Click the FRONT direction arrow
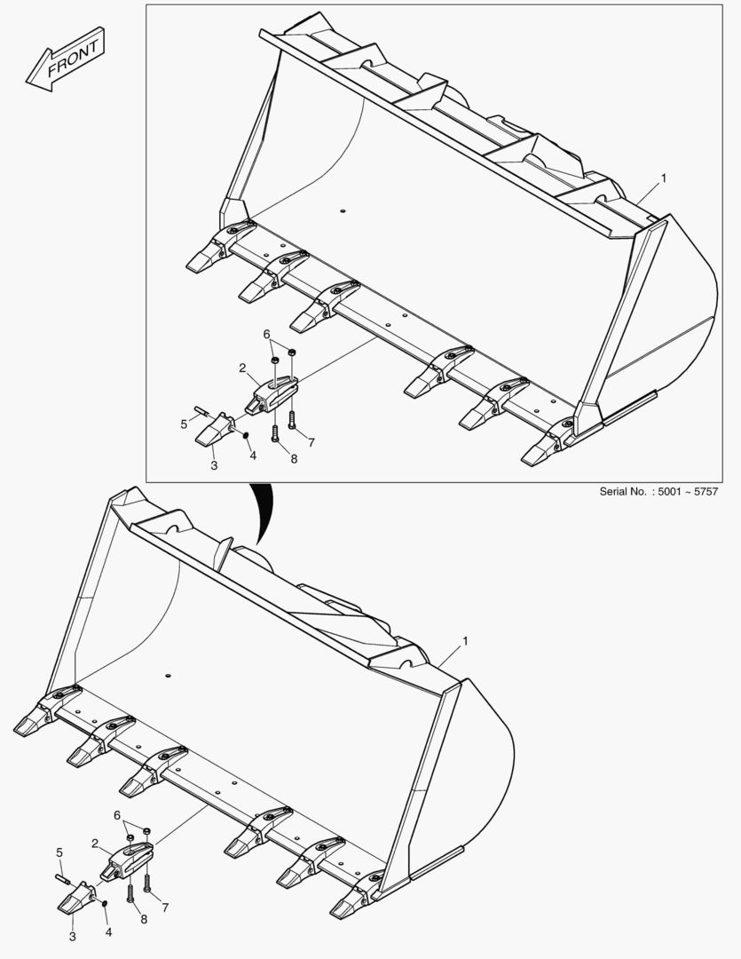click(x=65, y=59)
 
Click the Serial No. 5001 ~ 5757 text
click(x=658, y=491)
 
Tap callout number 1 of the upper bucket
click(x=664, y=178)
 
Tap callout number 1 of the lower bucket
click(x=465, y=641)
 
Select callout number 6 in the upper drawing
click(x=266, y=334)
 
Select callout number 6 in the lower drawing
click(x=117, y=815)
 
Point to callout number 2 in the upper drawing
click(x=243, y=368)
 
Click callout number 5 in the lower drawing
click(x=59, y=852)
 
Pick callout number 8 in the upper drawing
click(x=294, y=459)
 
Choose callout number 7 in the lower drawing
click(x=165, y=908)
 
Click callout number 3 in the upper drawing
click(x=214, y=465)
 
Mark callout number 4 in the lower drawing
click(x=109, y=932)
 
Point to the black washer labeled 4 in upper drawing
click(x=245, y=435)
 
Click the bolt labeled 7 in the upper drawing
click(x=292, y=420)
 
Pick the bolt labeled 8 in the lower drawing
click(x=130, y=894)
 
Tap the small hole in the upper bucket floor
click(x=343, y=211)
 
